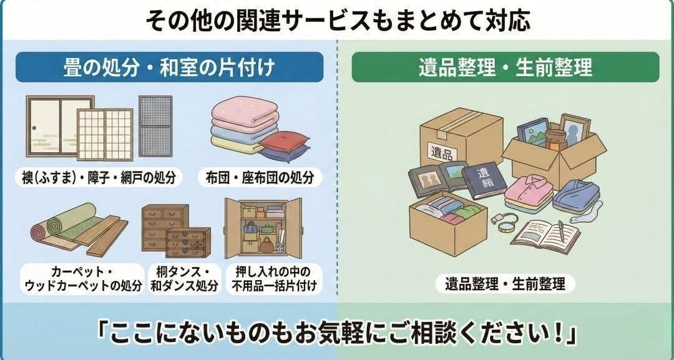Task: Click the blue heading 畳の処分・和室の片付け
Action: [x=169, y=67]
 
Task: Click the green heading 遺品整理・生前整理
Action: [x=505, y=67]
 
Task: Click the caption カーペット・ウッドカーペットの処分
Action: [x=83, y=279]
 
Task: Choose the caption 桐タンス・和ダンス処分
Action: [x=184, y=279]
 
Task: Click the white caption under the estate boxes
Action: [x=505, y=285]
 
